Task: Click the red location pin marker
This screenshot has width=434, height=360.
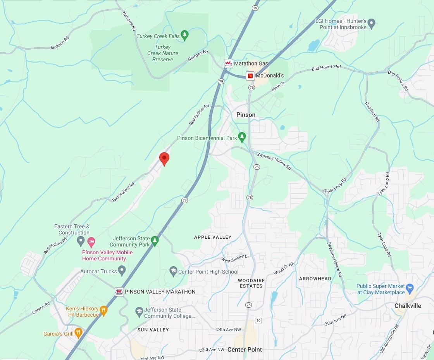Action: [x=164, y=158]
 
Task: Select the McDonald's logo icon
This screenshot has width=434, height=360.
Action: [x=250, y=76]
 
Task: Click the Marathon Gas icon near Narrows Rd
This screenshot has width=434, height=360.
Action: [x=229, y=63]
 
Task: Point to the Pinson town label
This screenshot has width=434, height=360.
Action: [x=246, y=115]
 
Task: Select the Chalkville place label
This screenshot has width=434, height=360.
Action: [x=408, y=306]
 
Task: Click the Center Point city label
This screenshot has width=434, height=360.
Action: [x=245, y=350]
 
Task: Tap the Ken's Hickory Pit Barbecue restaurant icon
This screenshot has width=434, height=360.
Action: [x=103, y=310]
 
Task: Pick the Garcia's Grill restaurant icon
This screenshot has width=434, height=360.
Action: [x=78, y=332]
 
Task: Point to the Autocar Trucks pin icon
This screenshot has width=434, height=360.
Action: [x=122, y=270]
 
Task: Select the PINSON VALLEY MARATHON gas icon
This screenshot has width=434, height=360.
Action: [x=119, y=291]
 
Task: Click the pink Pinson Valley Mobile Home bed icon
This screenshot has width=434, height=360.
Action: [x=91, y=243]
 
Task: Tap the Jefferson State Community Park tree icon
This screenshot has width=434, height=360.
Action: [x=155, y=241]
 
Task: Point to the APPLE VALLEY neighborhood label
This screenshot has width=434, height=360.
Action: [x=213, y=237]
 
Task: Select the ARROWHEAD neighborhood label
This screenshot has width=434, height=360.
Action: [x=315, y=279]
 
